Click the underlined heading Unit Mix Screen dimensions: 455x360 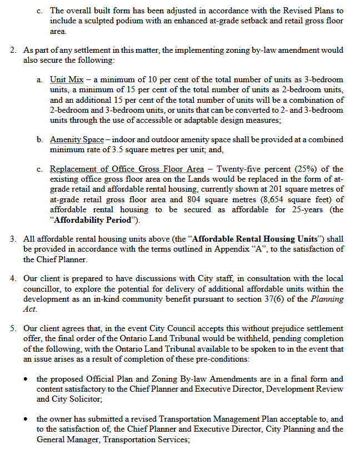pos(66,80)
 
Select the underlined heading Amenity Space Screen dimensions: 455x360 pos(77,139)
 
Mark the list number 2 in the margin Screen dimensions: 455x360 pos(13,50)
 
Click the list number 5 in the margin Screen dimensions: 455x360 pos(13,328)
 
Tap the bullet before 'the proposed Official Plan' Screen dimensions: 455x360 pos(26,379)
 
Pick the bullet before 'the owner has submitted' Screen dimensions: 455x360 pos(26,419)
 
